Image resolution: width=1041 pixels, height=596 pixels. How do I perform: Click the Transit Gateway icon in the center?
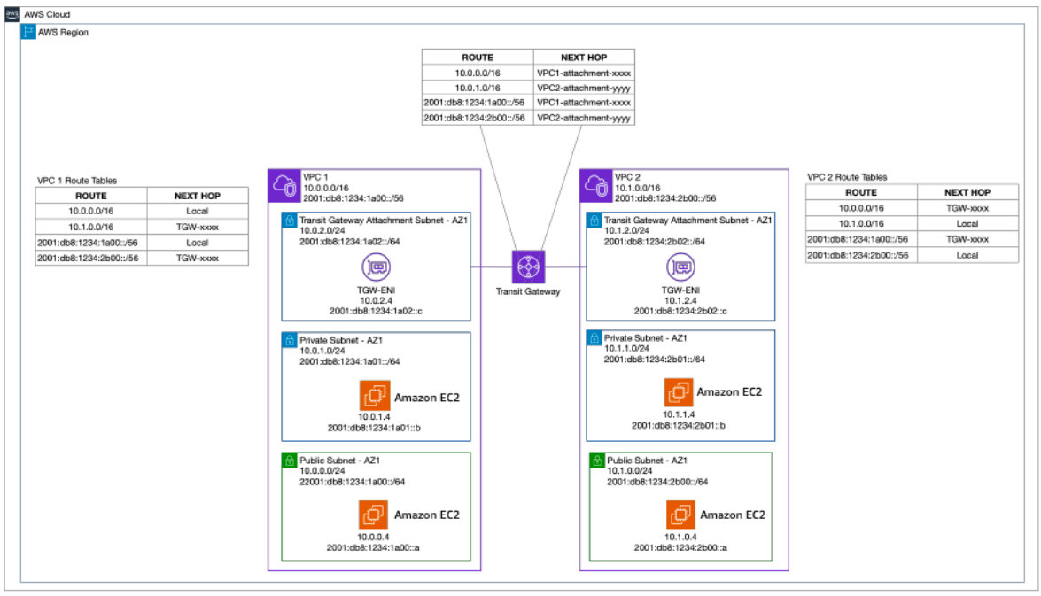pyautogui.click(x=528, y=267)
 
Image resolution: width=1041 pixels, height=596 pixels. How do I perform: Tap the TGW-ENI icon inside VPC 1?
pyautogui.click(x=376, y=267)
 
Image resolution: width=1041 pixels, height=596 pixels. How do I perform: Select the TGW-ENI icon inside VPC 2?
pyautogui.click(x=680, y=267)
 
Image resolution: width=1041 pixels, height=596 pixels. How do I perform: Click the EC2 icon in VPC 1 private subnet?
pyautogui.click(x=375, y=396)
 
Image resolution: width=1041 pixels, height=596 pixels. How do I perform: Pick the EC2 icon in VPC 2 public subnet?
pyautogui.click(x=680, y=515)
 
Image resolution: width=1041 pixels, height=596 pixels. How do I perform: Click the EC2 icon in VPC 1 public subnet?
pyautogui.click(x=374, y=515)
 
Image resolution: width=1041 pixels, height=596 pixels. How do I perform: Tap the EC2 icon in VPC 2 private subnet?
pyautogui.click(x=679, y=392)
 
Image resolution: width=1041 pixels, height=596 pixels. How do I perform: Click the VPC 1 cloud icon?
pyautogui.click(x=284, y=186)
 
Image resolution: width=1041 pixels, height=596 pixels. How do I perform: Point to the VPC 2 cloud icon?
pyautogui.click(x=595, y=186)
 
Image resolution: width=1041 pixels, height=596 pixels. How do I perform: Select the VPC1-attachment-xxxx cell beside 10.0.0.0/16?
pyautogui.click(x=584, y=73)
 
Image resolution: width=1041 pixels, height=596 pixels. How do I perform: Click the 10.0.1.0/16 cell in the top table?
pyautogui.click(x=478, y=88)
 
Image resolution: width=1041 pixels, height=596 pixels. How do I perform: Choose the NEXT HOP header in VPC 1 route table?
pyautogui.click(x=198, y=196)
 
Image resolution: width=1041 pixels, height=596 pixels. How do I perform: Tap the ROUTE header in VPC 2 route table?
pyautogui.click(x=861, y=192)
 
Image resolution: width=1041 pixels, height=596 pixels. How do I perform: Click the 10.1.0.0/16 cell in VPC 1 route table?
pyautogui.click(x=91, y=227)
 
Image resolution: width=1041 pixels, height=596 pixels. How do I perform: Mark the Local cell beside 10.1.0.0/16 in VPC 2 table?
pyautogui.click(x=967, y=224)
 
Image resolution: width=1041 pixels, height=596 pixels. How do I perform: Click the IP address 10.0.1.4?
pyautogui.click(x=375, y=417)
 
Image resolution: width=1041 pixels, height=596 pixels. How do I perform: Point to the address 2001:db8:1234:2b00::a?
pyautogui.click(x=680, y=547)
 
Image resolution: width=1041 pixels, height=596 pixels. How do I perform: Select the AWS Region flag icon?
pyautogui.click(x=27, y=31)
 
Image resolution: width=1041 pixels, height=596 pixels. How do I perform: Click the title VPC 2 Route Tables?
pyautogui.click(x=847, y=177)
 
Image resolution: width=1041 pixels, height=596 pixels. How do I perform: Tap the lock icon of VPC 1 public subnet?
pyautogui.click(x=289, y=460)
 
